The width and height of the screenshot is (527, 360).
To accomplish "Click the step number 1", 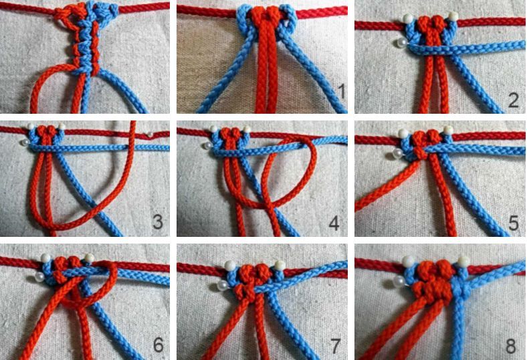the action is (341, 92).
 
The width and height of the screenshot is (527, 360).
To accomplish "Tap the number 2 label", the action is (513, 100).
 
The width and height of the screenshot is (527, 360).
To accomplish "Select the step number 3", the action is (158, 222).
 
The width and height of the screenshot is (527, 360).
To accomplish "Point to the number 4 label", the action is (334, 222).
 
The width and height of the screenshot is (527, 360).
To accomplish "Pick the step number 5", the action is (513, 222).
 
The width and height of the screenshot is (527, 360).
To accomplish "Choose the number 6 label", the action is (159, 345).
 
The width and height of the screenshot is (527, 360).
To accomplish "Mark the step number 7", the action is (334, 345).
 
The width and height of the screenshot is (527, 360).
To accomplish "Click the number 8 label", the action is (510, 345).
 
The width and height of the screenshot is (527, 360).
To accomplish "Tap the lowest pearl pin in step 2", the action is (401, 42).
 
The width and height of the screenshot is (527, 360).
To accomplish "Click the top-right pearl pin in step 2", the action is (453, 16).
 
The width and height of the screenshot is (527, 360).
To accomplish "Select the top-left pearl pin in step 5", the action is (403, 133).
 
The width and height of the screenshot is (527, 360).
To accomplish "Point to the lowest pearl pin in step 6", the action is (39, 277).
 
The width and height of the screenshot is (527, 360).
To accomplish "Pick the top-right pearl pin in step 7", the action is (280, 265).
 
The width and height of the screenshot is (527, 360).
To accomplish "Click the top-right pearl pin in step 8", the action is (463, 261).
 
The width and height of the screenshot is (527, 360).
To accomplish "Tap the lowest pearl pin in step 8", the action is (400, 280).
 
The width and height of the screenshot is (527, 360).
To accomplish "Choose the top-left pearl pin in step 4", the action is (214, 128).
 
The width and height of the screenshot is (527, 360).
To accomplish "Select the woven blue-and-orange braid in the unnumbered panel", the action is (87, 39).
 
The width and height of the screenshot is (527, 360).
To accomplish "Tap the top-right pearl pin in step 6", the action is (89, 258).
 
